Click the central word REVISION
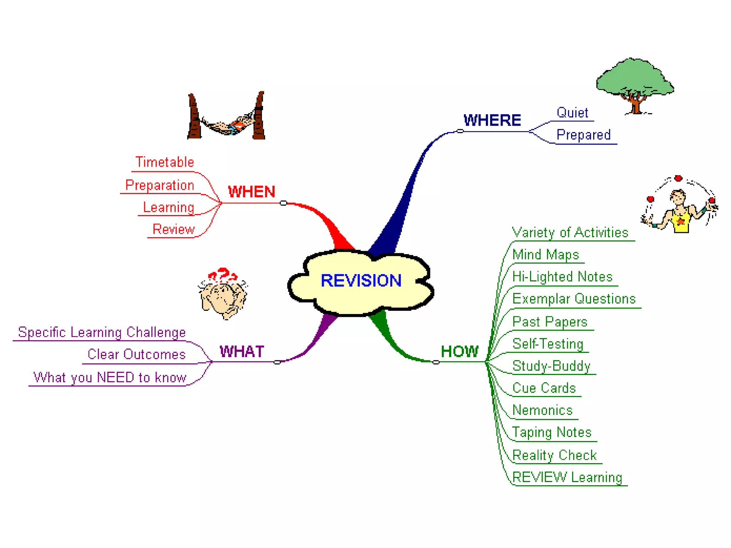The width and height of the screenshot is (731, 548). [361, 280]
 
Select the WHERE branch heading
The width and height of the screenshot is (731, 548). [492, 120]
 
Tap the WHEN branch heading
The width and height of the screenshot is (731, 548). [252, 192]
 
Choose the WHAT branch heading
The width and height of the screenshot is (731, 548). [242, 351]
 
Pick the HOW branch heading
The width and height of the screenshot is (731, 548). [459, 351]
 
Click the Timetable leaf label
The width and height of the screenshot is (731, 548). [165, 162]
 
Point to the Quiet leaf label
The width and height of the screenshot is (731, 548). [572, 113]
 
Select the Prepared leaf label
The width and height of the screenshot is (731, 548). [583, 135]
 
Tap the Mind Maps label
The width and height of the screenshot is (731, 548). [545, 255]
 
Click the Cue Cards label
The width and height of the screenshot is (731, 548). [544, 388]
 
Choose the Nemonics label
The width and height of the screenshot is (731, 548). [542, 410]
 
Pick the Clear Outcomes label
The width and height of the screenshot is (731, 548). [136, 354]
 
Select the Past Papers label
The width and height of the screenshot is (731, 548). [550, 322]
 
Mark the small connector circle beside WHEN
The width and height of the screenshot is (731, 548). [283, 203]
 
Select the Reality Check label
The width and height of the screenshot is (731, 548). [554, 455]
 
